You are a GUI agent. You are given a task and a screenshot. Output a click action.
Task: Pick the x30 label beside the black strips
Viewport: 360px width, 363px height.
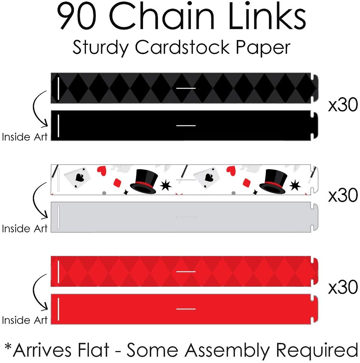pos(343,106)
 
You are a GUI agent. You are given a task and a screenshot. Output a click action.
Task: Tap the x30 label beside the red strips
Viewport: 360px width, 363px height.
pos(343,287)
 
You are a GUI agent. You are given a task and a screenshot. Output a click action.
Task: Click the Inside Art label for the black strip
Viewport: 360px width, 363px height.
pos(25,137)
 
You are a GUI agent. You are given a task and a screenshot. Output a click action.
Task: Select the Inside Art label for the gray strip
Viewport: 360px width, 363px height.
pos(25,228)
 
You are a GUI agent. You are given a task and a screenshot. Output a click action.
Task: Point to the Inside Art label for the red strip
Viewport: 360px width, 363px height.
pos(25,320)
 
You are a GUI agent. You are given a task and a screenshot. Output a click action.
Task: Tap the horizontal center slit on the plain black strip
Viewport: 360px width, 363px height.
pos(186,125)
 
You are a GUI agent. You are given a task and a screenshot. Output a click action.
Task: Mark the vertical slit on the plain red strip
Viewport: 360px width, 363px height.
pos(59,309)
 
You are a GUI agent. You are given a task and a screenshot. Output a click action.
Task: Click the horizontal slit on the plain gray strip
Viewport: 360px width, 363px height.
pos(186,217)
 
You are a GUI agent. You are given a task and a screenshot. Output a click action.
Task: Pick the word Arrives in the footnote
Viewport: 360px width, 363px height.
pos(41,351)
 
